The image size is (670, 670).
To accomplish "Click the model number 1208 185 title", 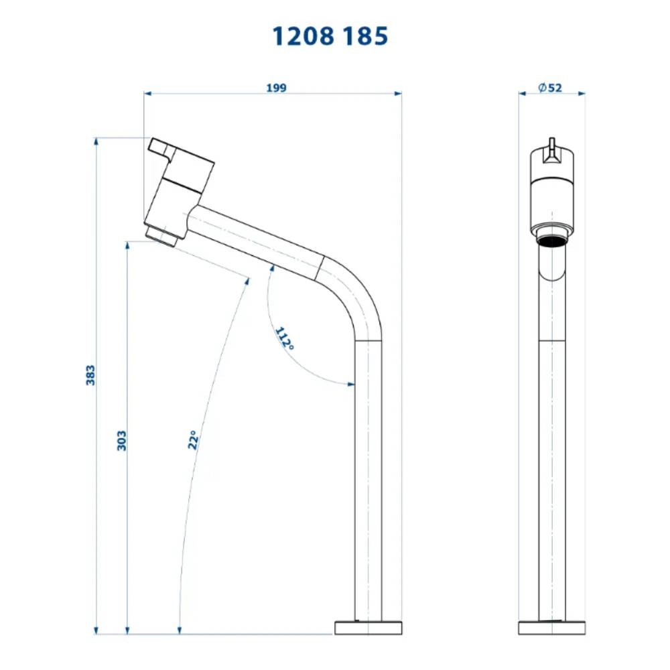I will (x=330, y=36).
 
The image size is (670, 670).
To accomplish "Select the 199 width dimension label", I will (x=277, y=88).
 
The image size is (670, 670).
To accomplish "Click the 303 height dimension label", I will (x=121, y=440).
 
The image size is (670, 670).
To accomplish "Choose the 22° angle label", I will (x=193, y=440).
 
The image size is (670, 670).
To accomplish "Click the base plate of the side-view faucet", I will (x=368, y=627).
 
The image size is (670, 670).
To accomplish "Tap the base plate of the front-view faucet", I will (x=552, y=627).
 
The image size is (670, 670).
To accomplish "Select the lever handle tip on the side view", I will (x=158, y=147).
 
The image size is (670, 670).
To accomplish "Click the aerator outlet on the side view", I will (x=161, y=235).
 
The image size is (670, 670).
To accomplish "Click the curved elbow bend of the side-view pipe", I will (x=355, y=295).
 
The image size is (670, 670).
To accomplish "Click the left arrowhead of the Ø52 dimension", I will (x=522, y=94).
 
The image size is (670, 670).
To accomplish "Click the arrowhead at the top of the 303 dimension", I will (x=127, y=245).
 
